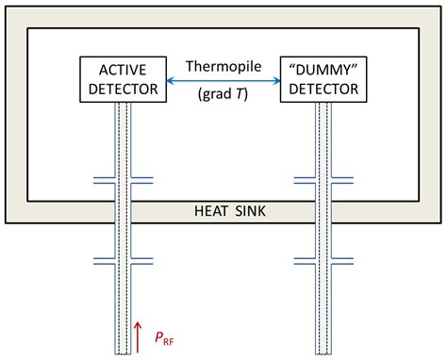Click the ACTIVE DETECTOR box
click(x=124, y=79)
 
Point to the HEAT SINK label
click(x=223, y=211)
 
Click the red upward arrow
click(x=139, y=334)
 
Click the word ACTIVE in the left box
click(x=124, y=69)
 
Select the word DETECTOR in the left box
click(x=124, y=90)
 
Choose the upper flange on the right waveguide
click(x=323, y=179)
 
